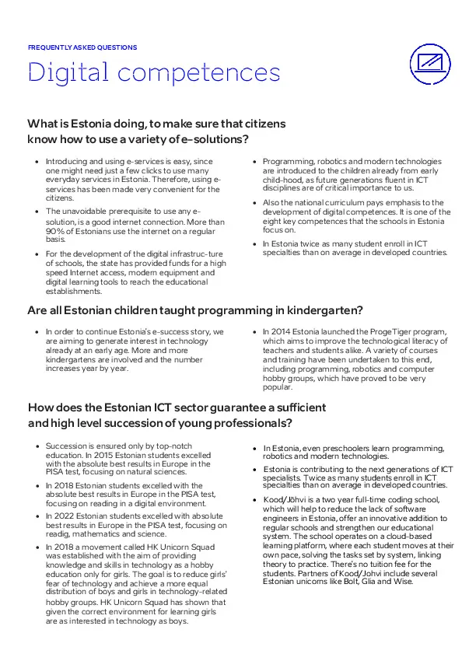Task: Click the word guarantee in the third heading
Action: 209,407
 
